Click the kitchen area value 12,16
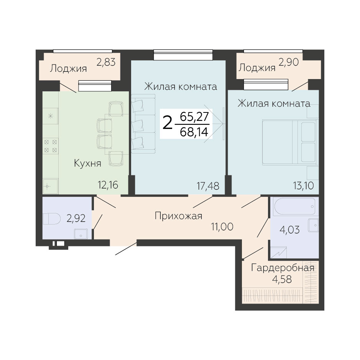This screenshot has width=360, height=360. click(x=108, y=185)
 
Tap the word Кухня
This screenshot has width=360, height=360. click(x=87, y=163)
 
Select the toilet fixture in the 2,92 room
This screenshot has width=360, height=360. click(x=51, y=219)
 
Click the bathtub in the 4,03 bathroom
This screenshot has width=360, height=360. click(x=294, y=206)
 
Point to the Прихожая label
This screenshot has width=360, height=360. click(x=178, y=216)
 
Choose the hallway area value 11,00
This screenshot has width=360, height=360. click(x=222, y=227)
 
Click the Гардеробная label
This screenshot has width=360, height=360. click(x=283, y=268)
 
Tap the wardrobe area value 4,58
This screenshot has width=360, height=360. click(x=282, y=279)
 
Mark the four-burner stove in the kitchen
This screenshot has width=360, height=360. click(x=51, y=146)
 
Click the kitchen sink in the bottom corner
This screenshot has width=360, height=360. click(x=51, y=186)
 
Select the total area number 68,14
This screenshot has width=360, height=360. click(x=194, y=132)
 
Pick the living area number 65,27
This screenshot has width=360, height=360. click(x=194, y=117)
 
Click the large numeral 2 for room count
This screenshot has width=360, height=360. click(x=167, y=123)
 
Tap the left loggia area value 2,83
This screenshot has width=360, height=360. click(x=106, y=62)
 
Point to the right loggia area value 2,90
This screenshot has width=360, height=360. click(x=289, y=62)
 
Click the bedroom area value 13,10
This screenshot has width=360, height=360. click(x=303, y=185)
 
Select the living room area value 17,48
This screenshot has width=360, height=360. click(x=208, y=186)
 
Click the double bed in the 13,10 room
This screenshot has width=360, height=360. click(x=291, y=142)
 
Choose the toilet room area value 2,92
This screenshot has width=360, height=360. click(x=76, y=218)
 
